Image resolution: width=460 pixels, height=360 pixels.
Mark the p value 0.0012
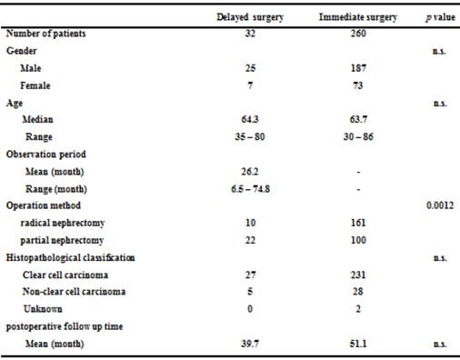[441, 205]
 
